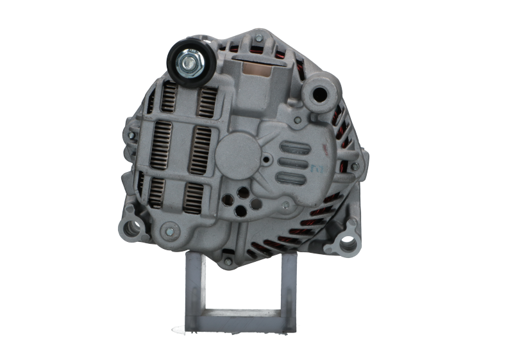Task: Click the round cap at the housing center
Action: click(x=234, y=153)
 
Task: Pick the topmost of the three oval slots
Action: click(x=296, y=147)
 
